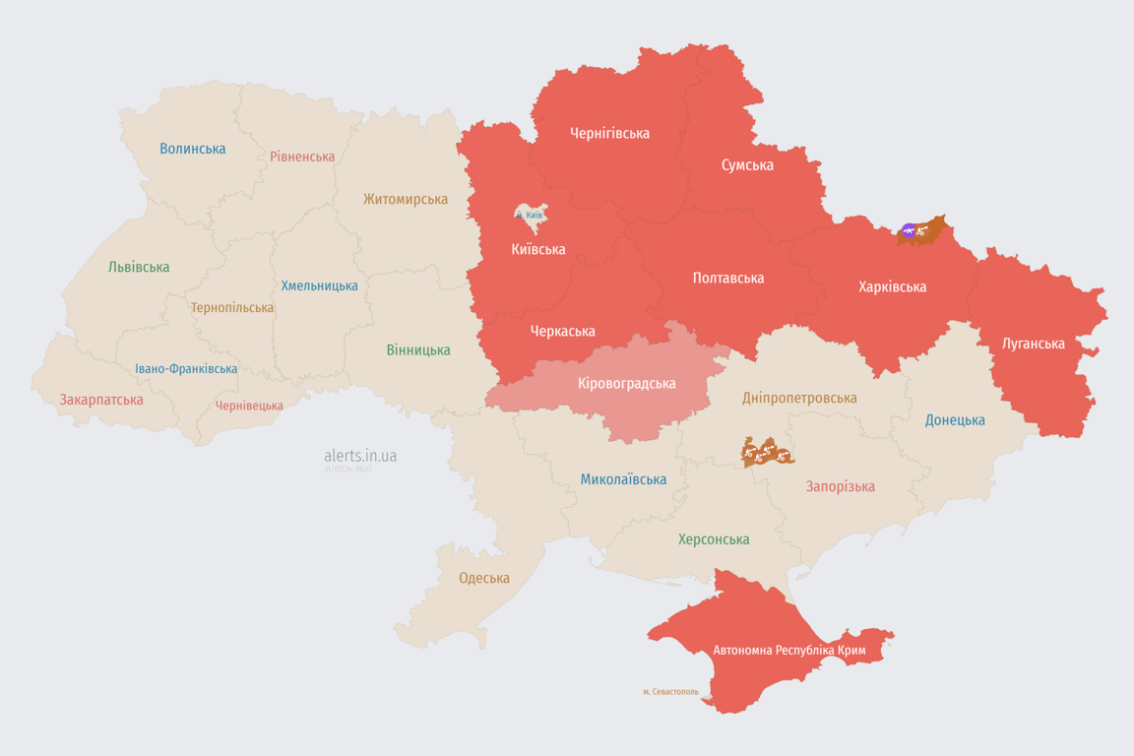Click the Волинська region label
[x=193, y=149]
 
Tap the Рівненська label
[x=302, y=157]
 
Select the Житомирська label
[x=405, y=199]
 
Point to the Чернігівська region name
[x=609, y=133]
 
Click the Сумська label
[x=747, y=164]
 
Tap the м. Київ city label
[x=530, y=215]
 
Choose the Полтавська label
[x=728, y=278]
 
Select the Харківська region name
[x=892, y=286]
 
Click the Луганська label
[x=1033, y=344]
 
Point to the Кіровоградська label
[x=626, y=383]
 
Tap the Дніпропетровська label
[x=799, y=398]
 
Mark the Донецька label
[x=955, y=419]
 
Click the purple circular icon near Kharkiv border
[x=909, y=231]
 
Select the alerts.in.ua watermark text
[x=360, y=456]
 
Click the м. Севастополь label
[x=670, y=692]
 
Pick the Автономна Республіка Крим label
[x=789, y=650]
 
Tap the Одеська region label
[x=484, y=578]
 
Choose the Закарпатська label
[x=101, y=400]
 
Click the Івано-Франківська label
[x=186, y=369]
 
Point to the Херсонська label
[x=714, y=539]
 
